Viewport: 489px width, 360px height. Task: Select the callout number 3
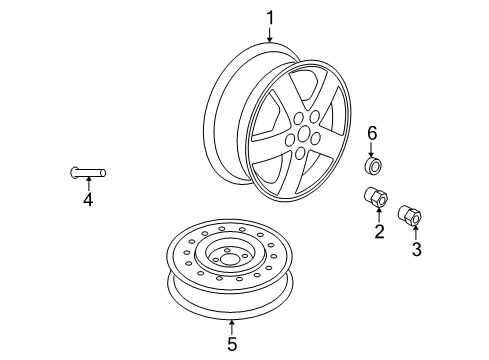tap(416, 249)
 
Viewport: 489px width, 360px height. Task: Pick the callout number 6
tap(372, 132)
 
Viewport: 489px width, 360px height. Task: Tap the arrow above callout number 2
tap(380, 215)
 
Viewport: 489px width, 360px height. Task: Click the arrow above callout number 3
tap(416, 232)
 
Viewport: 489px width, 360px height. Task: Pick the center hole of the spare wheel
tap(231, 260)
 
